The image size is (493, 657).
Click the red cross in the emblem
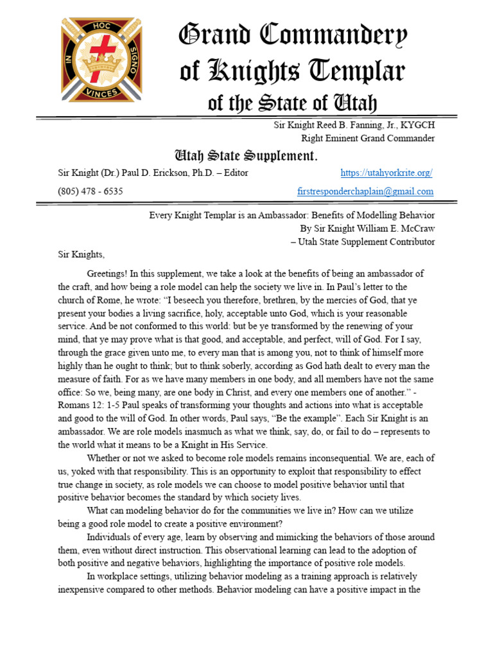coord(101,48)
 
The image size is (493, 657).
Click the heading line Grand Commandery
coord(293,37)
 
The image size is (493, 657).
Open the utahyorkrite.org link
coord(386,173)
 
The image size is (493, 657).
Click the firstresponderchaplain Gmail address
coord(365,191)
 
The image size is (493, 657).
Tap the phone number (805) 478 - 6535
coord(91,191)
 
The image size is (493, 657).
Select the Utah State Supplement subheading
coord(246,156)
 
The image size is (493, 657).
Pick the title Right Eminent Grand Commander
coord(368,138)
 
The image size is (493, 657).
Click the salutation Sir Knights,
coord(80,254)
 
